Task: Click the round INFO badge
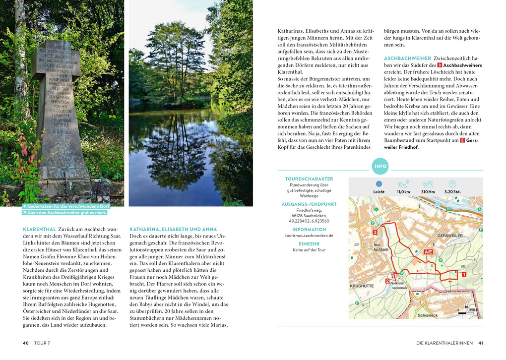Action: (x=380, y=167)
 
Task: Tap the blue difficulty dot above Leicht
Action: (x=379, y=183)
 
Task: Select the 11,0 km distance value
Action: (x=403, y=192)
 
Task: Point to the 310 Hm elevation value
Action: (x=428, y=192)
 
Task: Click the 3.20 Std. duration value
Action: (x=452, y=192)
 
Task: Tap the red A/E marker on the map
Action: (x=428, y=252)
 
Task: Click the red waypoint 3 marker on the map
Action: (x=375, y=232)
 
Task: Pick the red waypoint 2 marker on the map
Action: (x=387, y=281)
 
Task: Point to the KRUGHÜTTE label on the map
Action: (x=362, y=286)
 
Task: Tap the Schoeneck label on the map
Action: (x=428, y=315)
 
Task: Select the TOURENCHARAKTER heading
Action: (x=309, y=179)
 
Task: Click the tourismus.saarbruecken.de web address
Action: (x=309, y=236)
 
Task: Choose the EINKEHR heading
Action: (x=309, y=244)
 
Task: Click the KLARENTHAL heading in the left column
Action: (x=40, y=230)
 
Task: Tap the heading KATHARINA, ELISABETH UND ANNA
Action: (x=173, y=230)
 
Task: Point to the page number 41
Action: (x=481, y=343)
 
